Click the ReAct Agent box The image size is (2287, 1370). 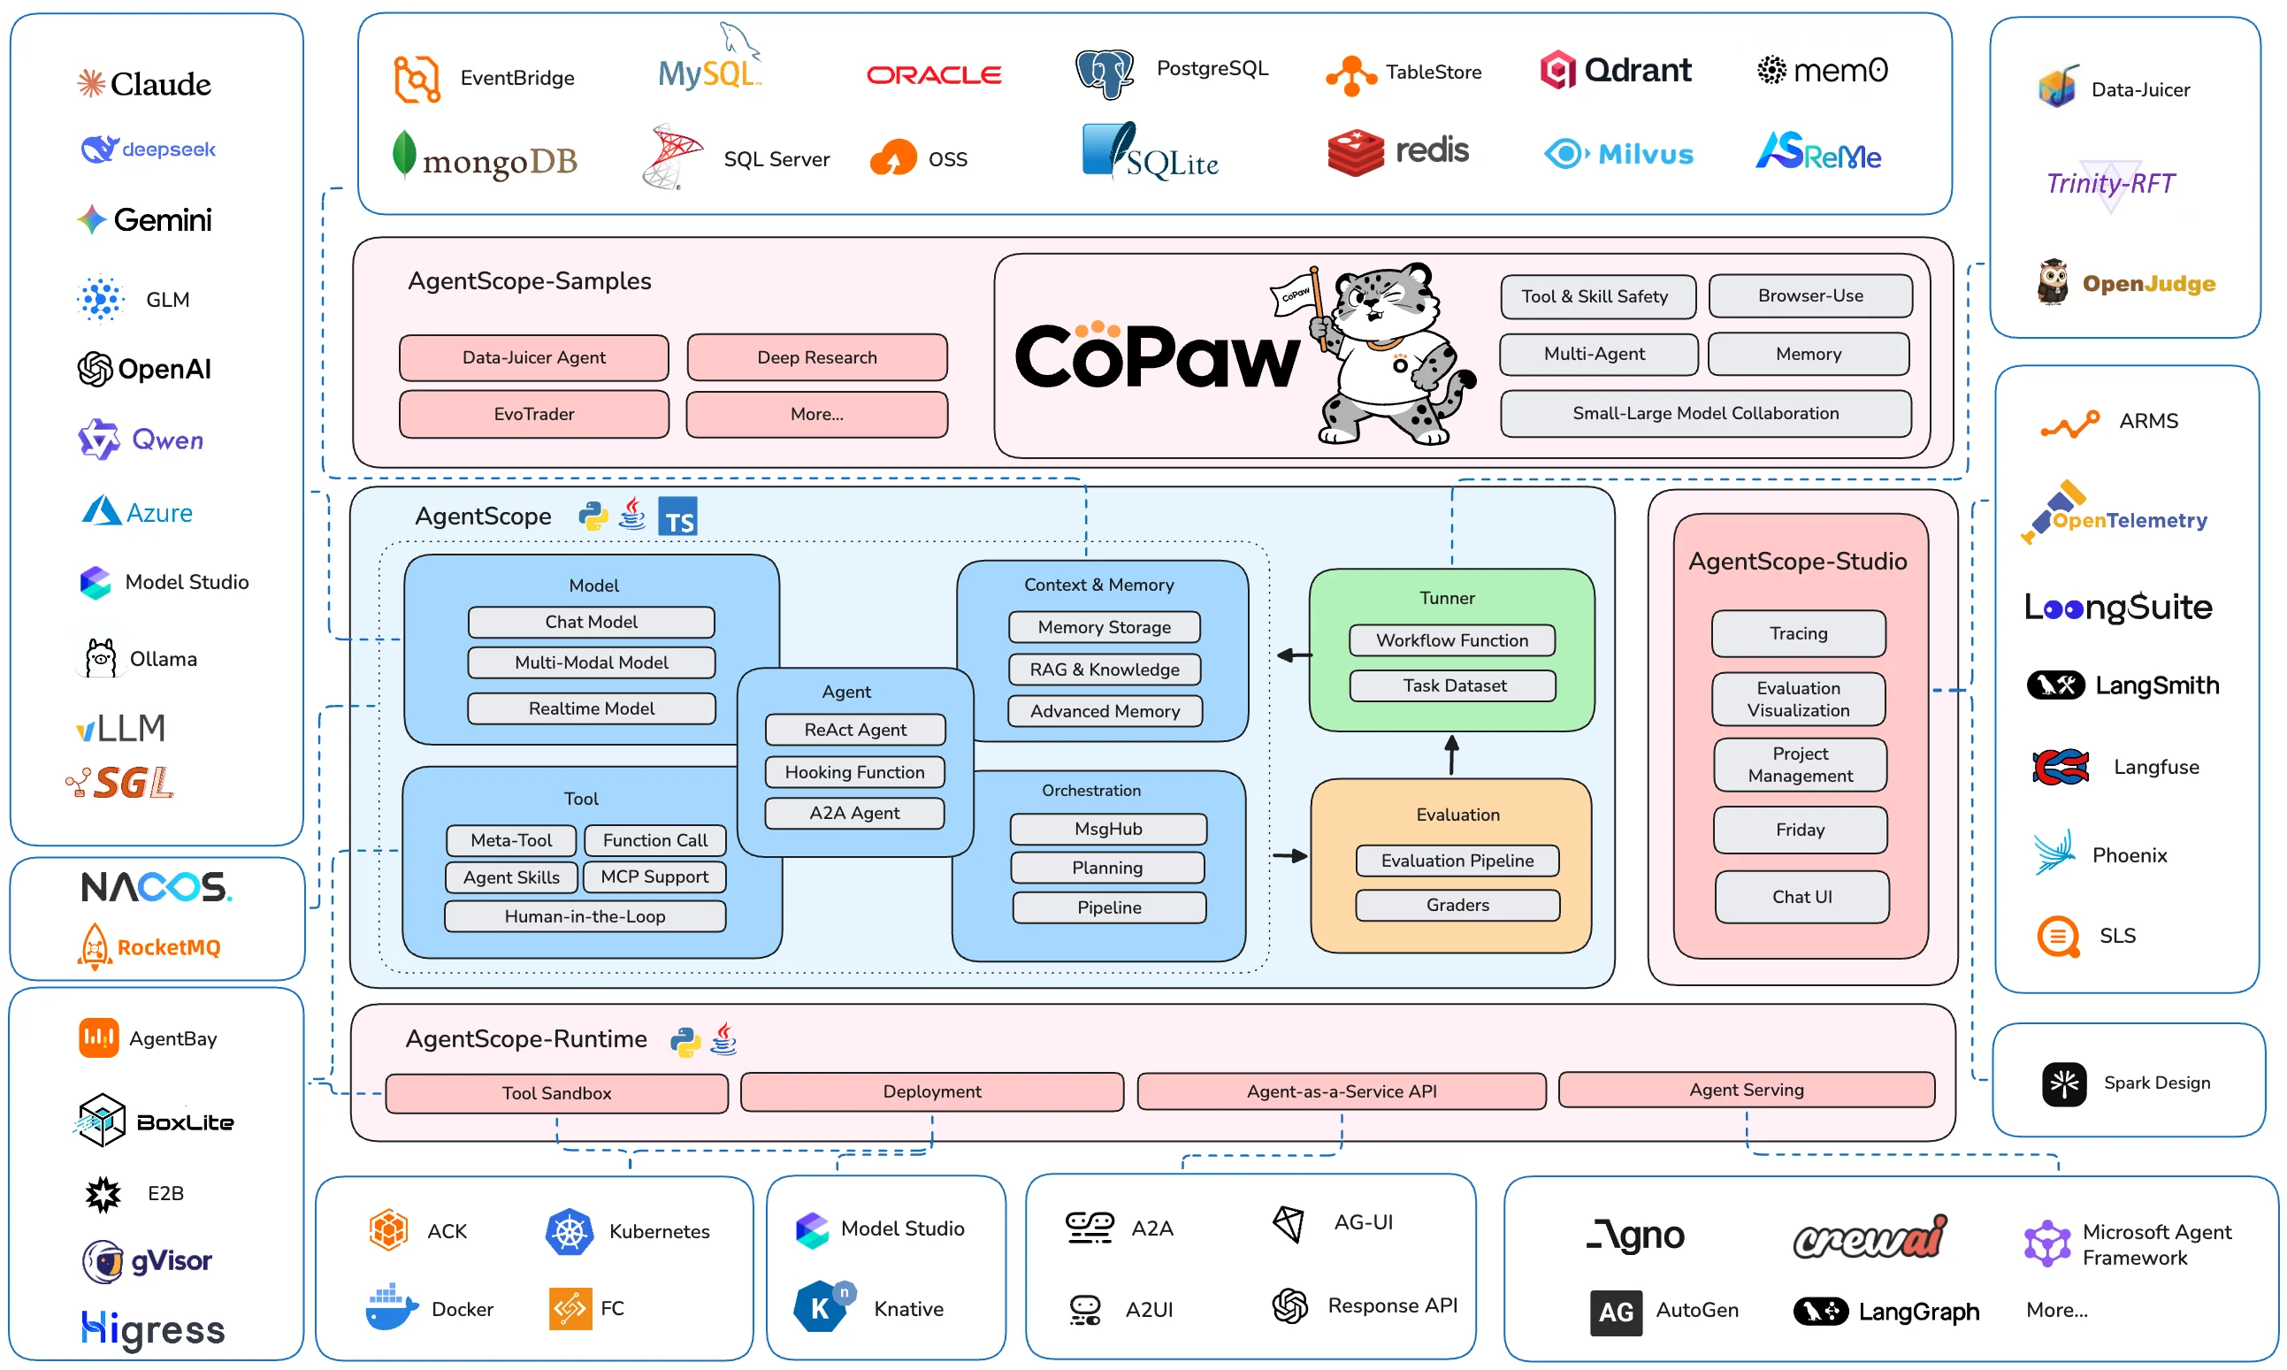[854, 730]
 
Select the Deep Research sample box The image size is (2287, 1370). [817, 357]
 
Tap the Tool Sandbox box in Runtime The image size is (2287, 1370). [556, 1093]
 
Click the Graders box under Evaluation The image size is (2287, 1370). [1457, 905]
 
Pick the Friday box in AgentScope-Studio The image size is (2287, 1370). [1800, 830]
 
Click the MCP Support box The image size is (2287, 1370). [654, 876]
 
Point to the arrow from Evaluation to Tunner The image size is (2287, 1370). [1451, 755]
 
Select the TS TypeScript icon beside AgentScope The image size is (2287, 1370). [678, 517]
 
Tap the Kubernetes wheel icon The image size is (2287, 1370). [569, 1231]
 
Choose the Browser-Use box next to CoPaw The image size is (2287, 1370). [1809, 295]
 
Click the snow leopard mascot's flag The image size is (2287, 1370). [1295, 294]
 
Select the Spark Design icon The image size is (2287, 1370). [2063, 1083]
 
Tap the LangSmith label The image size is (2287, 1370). [2156, 685]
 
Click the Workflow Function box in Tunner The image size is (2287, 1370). [1452, 639]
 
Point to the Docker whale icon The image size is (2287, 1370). [391, 1307]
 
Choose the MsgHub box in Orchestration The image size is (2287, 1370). [1107, 828]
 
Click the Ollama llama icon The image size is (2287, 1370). [100, 658]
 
